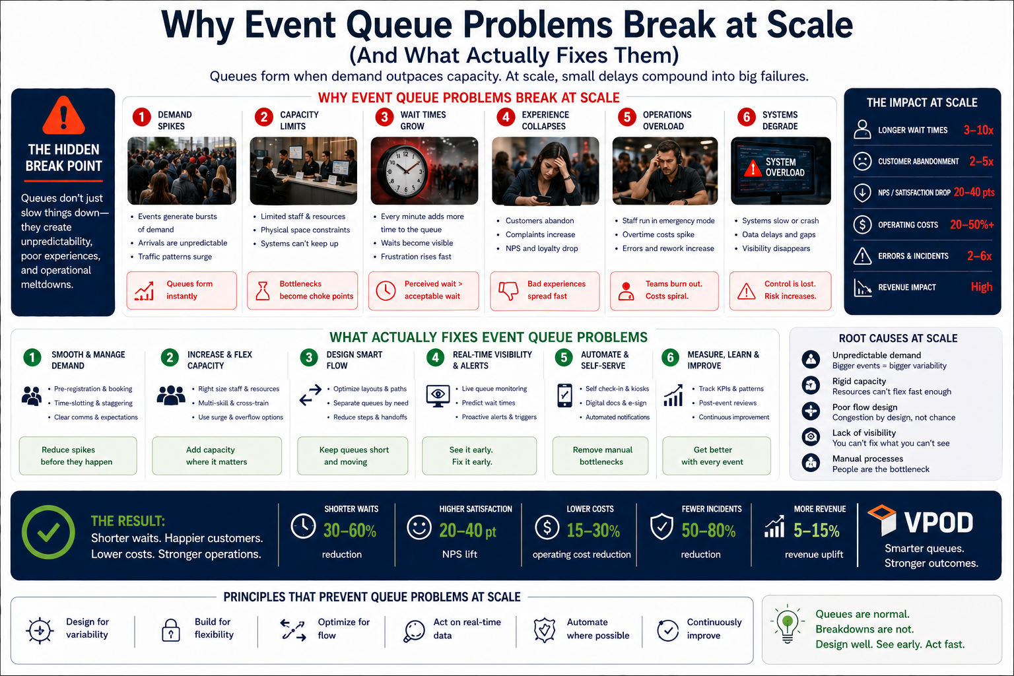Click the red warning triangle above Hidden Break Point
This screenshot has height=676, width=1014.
63,116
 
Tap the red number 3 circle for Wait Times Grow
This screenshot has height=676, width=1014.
384,118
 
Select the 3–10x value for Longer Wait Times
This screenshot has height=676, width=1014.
978,131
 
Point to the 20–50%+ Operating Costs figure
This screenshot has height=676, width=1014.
972,224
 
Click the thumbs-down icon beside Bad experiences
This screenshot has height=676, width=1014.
508,290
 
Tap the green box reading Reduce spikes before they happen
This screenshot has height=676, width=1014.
78,456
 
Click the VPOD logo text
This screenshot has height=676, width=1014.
939,522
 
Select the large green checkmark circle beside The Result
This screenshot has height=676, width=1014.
48,532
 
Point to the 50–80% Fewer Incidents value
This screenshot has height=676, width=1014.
708,531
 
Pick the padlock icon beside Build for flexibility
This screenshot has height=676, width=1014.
171,630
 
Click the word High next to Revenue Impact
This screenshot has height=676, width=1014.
982,287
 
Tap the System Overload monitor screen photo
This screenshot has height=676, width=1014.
781,171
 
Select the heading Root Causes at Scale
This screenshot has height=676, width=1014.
898,339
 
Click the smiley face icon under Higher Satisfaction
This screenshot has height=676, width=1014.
419,527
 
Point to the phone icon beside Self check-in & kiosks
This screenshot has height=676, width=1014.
564,395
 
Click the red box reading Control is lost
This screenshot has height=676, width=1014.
780,290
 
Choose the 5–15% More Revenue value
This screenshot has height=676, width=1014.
816,531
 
